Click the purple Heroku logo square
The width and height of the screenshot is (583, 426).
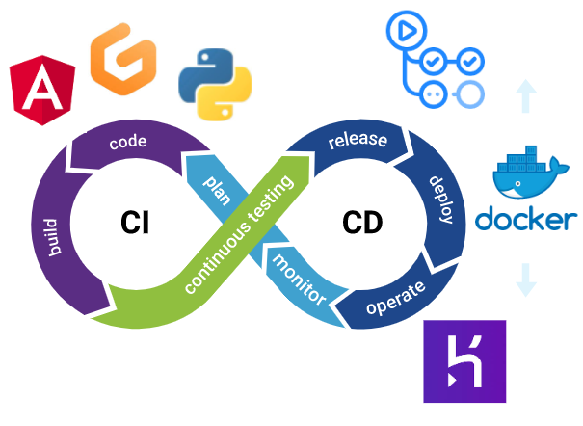[464, 361]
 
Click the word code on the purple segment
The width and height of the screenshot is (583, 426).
[128, 143]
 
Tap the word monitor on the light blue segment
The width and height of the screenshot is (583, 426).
[298, 280]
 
